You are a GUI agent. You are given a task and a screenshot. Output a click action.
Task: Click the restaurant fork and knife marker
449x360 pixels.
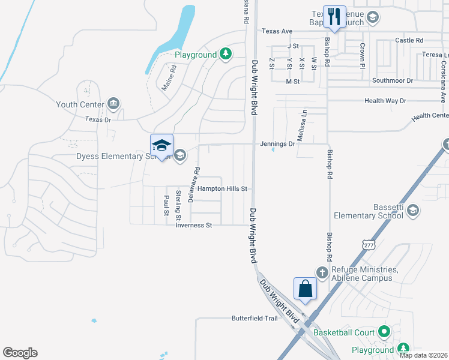coord(334,16)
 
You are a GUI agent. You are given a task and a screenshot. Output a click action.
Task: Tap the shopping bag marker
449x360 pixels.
coord(306,289)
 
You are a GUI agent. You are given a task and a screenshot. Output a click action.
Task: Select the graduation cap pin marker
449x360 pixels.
coord(161,146)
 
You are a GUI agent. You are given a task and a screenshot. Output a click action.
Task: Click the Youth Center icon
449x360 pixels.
coord(113,104)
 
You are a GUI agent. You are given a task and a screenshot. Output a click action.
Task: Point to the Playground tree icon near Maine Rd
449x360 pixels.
coord(225,55)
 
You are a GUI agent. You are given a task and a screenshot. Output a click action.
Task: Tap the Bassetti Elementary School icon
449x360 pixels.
coord(412,210)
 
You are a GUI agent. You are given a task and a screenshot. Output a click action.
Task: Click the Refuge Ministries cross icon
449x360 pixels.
coord(322,272)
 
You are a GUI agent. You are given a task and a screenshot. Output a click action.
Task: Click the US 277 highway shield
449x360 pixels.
coord(368,244)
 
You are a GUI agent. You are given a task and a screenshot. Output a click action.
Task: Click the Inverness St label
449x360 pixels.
coord(194,226)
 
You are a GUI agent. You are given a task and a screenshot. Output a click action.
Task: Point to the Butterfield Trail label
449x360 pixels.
coord(255,319)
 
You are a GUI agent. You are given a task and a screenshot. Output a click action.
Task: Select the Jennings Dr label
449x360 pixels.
coord(278,144)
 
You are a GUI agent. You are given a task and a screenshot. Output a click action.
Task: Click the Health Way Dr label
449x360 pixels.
coord(385,101)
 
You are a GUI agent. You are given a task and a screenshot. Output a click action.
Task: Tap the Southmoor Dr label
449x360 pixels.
coord(393,80)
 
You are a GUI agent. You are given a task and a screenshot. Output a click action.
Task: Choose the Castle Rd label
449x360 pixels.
coord(409,40)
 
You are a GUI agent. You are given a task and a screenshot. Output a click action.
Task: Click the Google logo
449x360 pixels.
coord(20,353)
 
